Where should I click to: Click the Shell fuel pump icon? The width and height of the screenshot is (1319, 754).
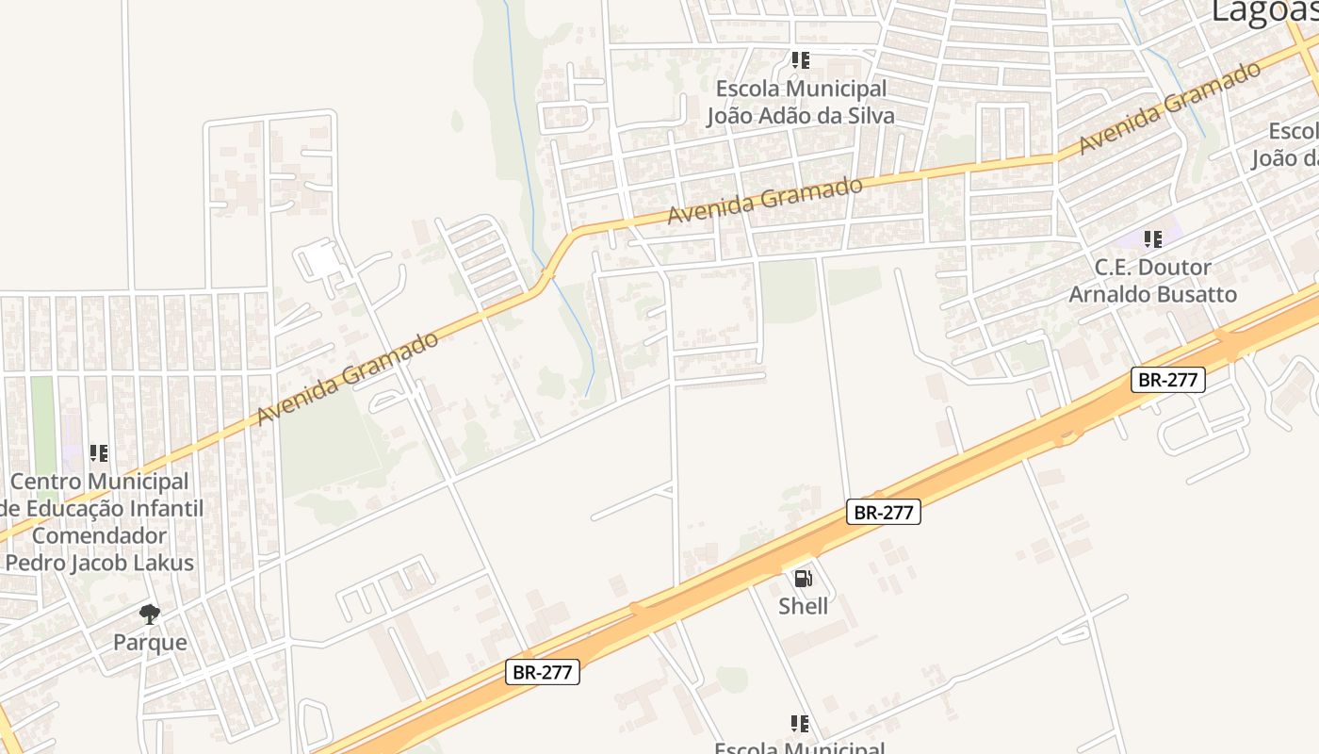pos(803,579)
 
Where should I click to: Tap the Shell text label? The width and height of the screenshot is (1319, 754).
pos(803,606)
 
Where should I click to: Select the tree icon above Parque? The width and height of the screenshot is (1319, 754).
pos(150,615)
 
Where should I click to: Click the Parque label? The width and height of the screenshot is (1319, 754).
pos(150,643)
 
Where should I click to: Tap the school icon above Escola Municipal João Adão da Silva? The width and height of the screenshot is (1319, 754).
pos(801,61)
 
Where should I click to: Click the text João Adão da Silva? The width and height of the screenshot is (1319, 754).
pos(801,116)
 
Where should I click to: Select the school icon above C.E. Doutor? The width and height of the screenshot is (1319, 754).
pos(1152,239)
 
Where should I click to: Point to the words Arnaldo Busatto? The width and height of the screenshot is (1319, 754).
pos(1152,294)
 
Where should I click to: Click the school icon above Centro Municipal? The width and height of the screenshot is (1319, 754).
pos(99,453)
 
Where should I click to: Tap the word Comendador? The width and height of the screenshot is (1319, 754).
pos(99,535)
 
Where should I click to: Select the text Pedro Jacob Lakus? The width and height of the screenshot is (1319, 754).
pos(99,563)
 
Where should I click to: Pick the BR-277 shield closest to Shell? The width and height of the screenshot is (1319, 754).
pos(883,512)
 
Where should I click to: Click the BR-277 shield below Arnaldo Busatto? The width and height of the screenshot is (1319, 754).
pos(1168,380)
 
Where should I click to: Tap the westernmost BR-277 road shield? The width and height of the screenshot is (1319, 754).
pos(543,672)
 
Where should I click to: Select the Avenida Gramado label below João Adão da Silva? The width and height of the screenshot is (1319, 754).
pos(764,201)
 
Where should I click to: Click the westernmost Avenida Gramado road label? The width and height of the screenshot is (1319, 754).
pos(347,377)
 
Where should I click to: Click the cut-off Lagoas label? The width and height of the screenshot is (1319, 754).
pos(1262,11)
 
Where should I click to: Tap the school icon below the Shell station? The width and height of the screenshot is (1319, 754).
pos(800,724)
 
